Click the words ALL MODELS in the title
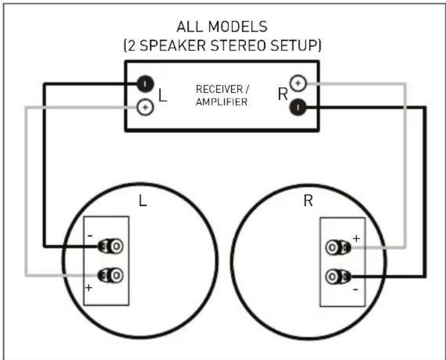(222, 28)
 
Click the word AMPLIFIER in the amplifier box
(222, 101)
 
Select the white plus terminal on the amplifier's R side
(298, 84)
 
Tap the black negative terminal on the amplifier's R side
(298, 107)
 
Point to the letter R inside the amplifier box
(283, 94)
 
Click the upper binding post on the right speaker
(337, 248)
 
